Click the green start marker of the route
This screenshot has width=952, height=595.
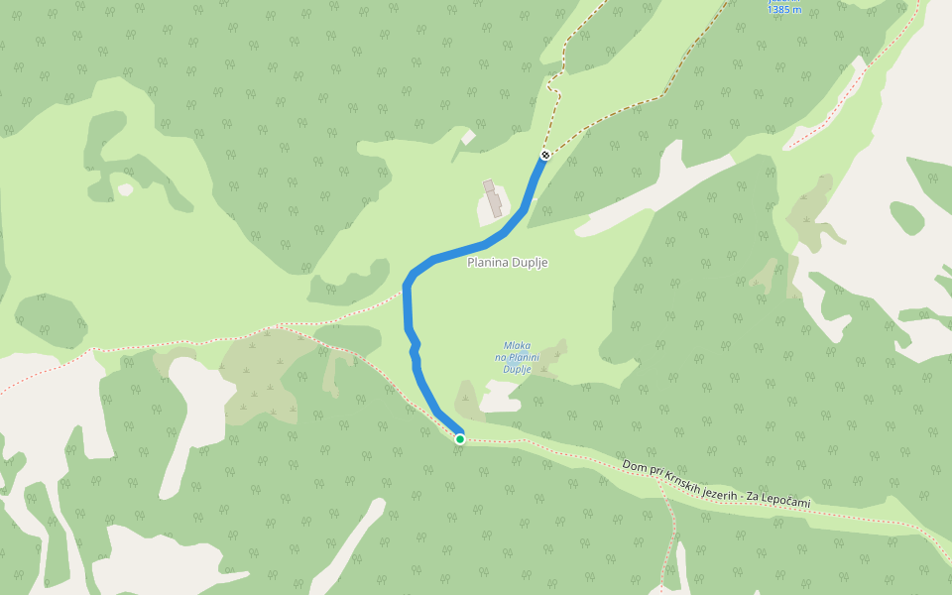[460, 438]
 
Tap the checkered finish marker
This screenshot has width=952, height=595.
[545, 155]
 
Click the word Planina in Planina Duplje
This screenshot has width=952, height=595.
[488, 263]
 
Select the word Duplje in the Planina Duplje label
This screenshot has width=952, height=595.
[530, 263]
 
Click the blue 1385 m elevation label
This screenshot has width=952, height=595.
[783, 9]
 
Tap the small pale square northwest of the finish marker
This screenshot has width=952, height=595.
[468, 138]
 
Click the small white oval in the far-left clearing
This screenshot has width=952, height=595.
[125, 189]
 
